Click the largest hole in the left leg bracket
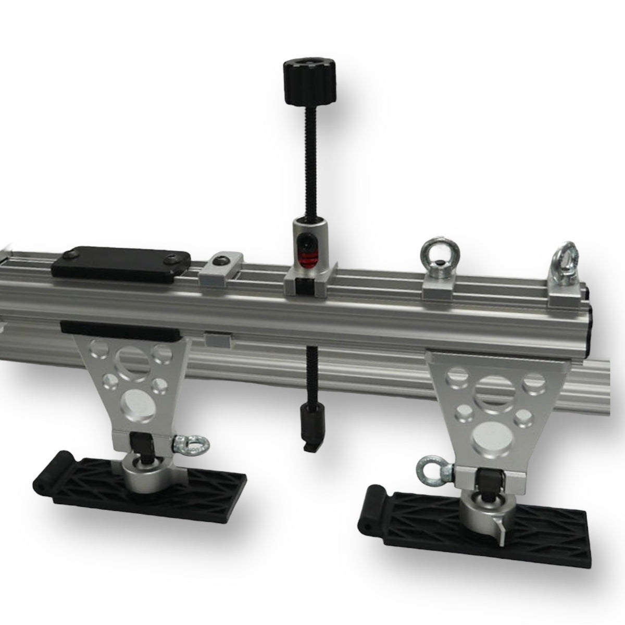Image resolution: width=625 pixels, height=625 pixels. point(133,358)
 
